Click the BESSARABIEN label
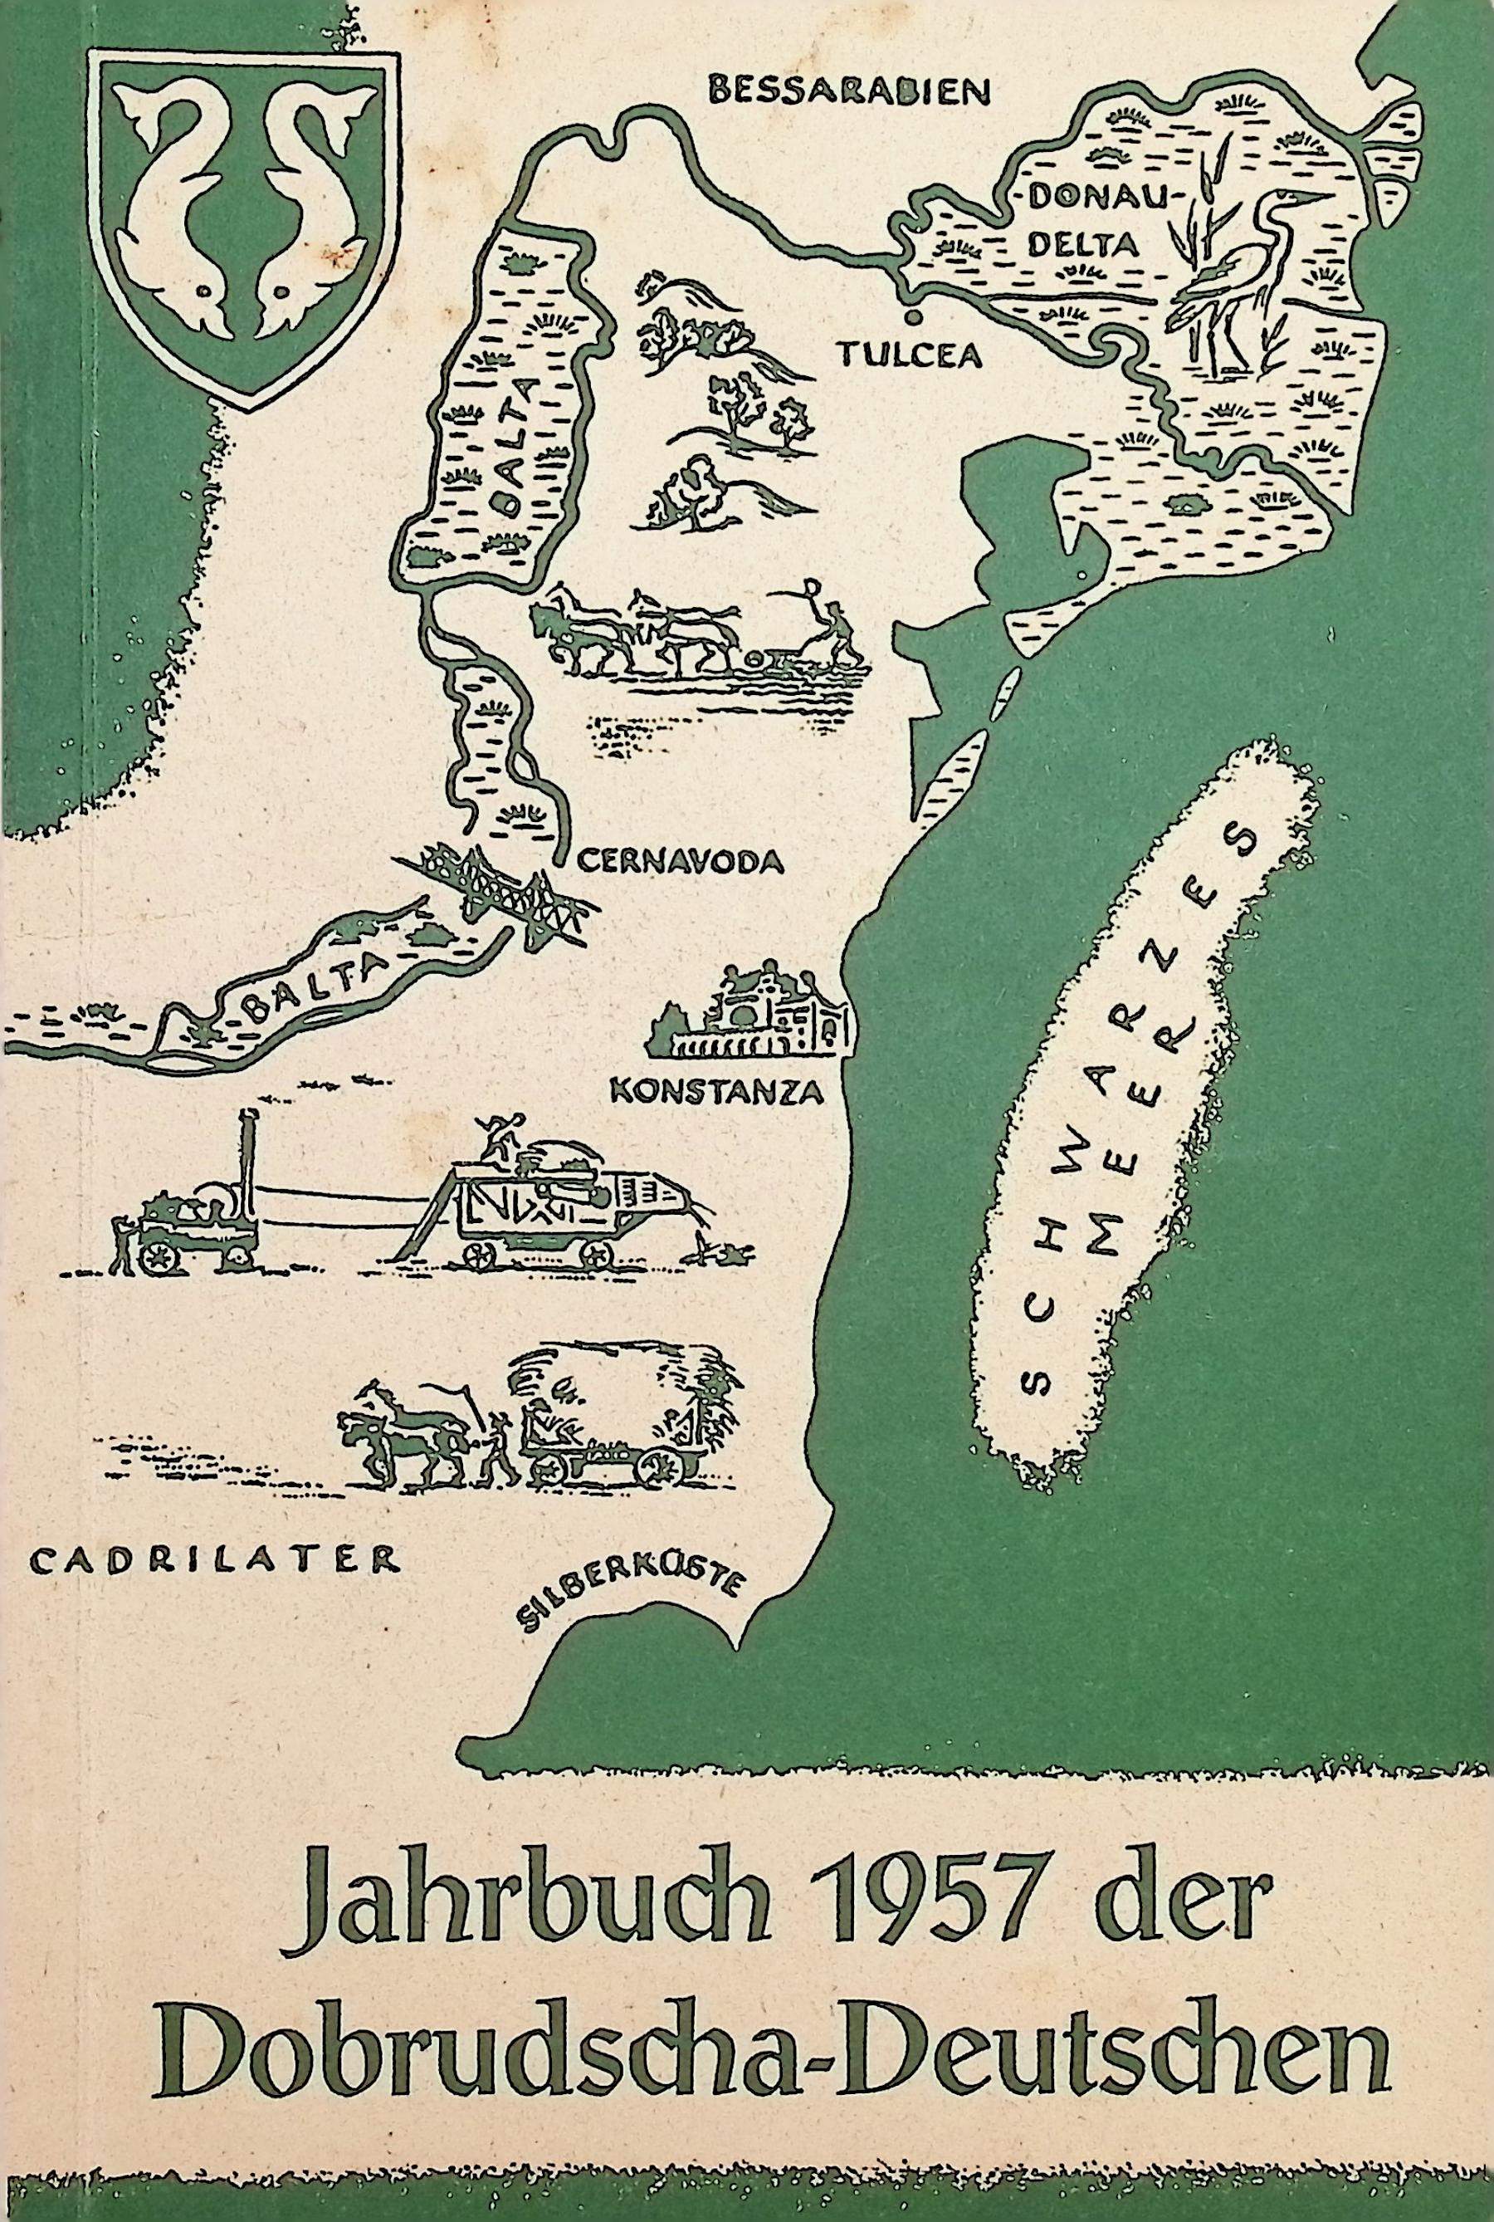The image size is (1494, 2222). pos(851,91)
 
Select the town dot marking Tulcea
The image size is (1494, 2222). pos(913,316)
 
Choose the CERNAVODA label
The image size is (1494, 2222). pos(679,862)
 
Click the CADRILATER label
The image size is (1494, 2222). pos(213,1560)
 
